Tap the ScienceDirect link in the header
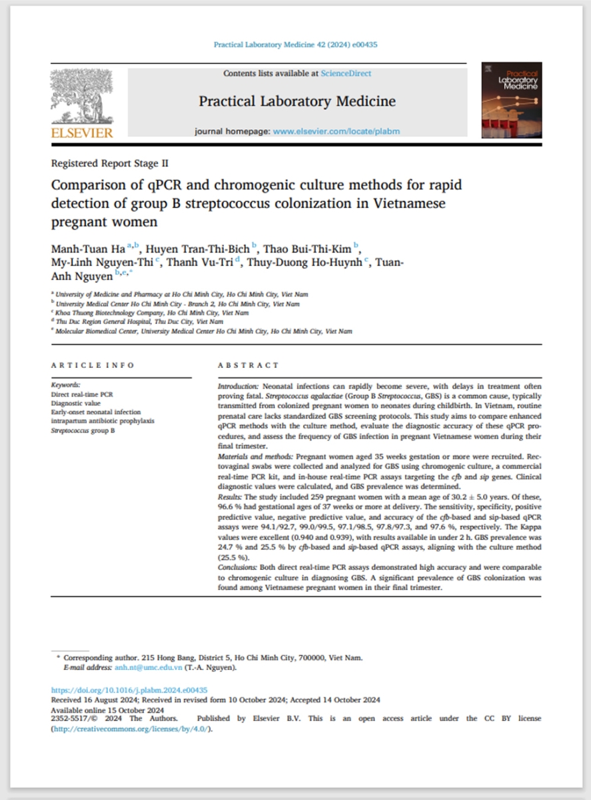click(x=346, y=73)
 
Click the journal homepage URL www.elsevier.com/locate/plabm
click(x=336, y=131)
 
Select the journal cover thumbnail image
click(x=511, y=100)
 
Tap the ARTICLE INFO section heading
click(x=93, y=365)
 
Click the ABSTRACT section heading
click(x=249, y=365)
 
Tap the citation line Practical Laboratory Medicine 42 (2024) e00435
click(x=296, y=45)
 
